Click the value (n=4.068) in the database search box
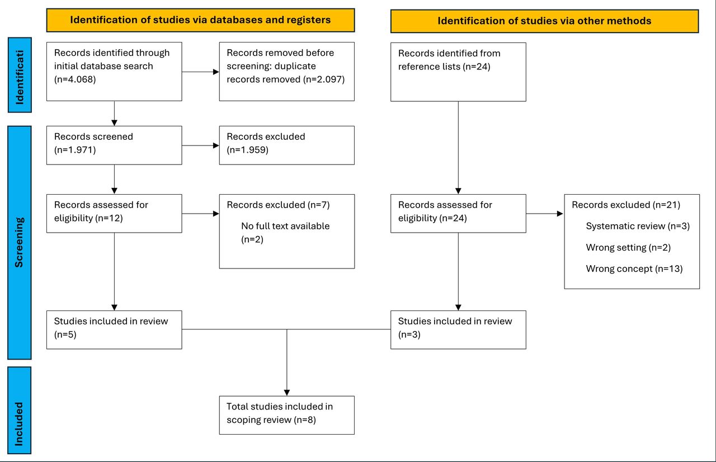75,79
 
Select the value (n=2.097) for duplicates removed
324,79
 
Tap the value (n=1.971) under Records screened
75,150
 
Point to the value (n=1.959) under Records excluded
248,150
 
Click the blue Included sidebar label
20,410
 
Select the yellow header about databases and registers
200,20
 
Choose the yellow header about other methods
544,21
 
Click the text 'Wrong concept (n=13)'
634,268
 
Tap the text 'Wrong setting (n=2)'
628,248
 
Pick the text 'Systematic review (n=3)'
638,226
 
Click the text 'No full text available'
285,226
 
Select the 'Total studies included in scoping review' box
287,415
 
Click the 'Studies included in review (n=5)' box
114,330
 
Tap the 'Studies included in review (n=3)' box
458,330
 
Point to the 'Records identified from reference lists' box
458,72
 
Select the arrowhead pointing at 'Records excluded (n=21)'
560,214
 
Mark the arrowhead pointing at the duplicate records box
216,72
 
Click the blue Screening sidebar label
20,243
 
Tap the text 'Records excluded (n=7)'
278,205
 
